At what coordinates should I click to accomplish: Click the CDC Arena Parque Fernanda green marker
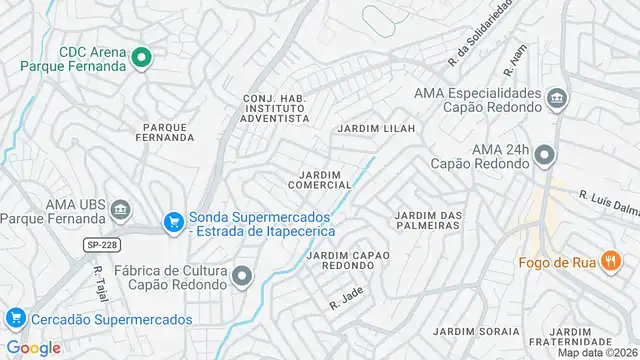pos(141,58)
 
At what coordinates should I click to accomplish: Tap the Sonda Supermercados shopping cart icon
pos(173,221)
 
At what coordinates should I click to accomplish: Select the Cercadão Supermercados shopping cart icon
pos(15,319)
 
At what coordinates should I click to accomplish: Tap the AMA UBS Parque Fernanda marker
pos(120,209)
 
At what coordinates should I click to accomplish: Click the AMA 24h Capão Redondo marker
pos(544,155)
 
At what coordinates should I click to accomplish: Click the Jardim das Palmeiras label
pos(428,220)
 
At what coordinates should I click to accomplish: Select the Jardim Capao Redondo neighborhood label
pos(348,260)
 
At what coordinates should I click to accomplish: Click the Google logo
pos(33,347)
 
